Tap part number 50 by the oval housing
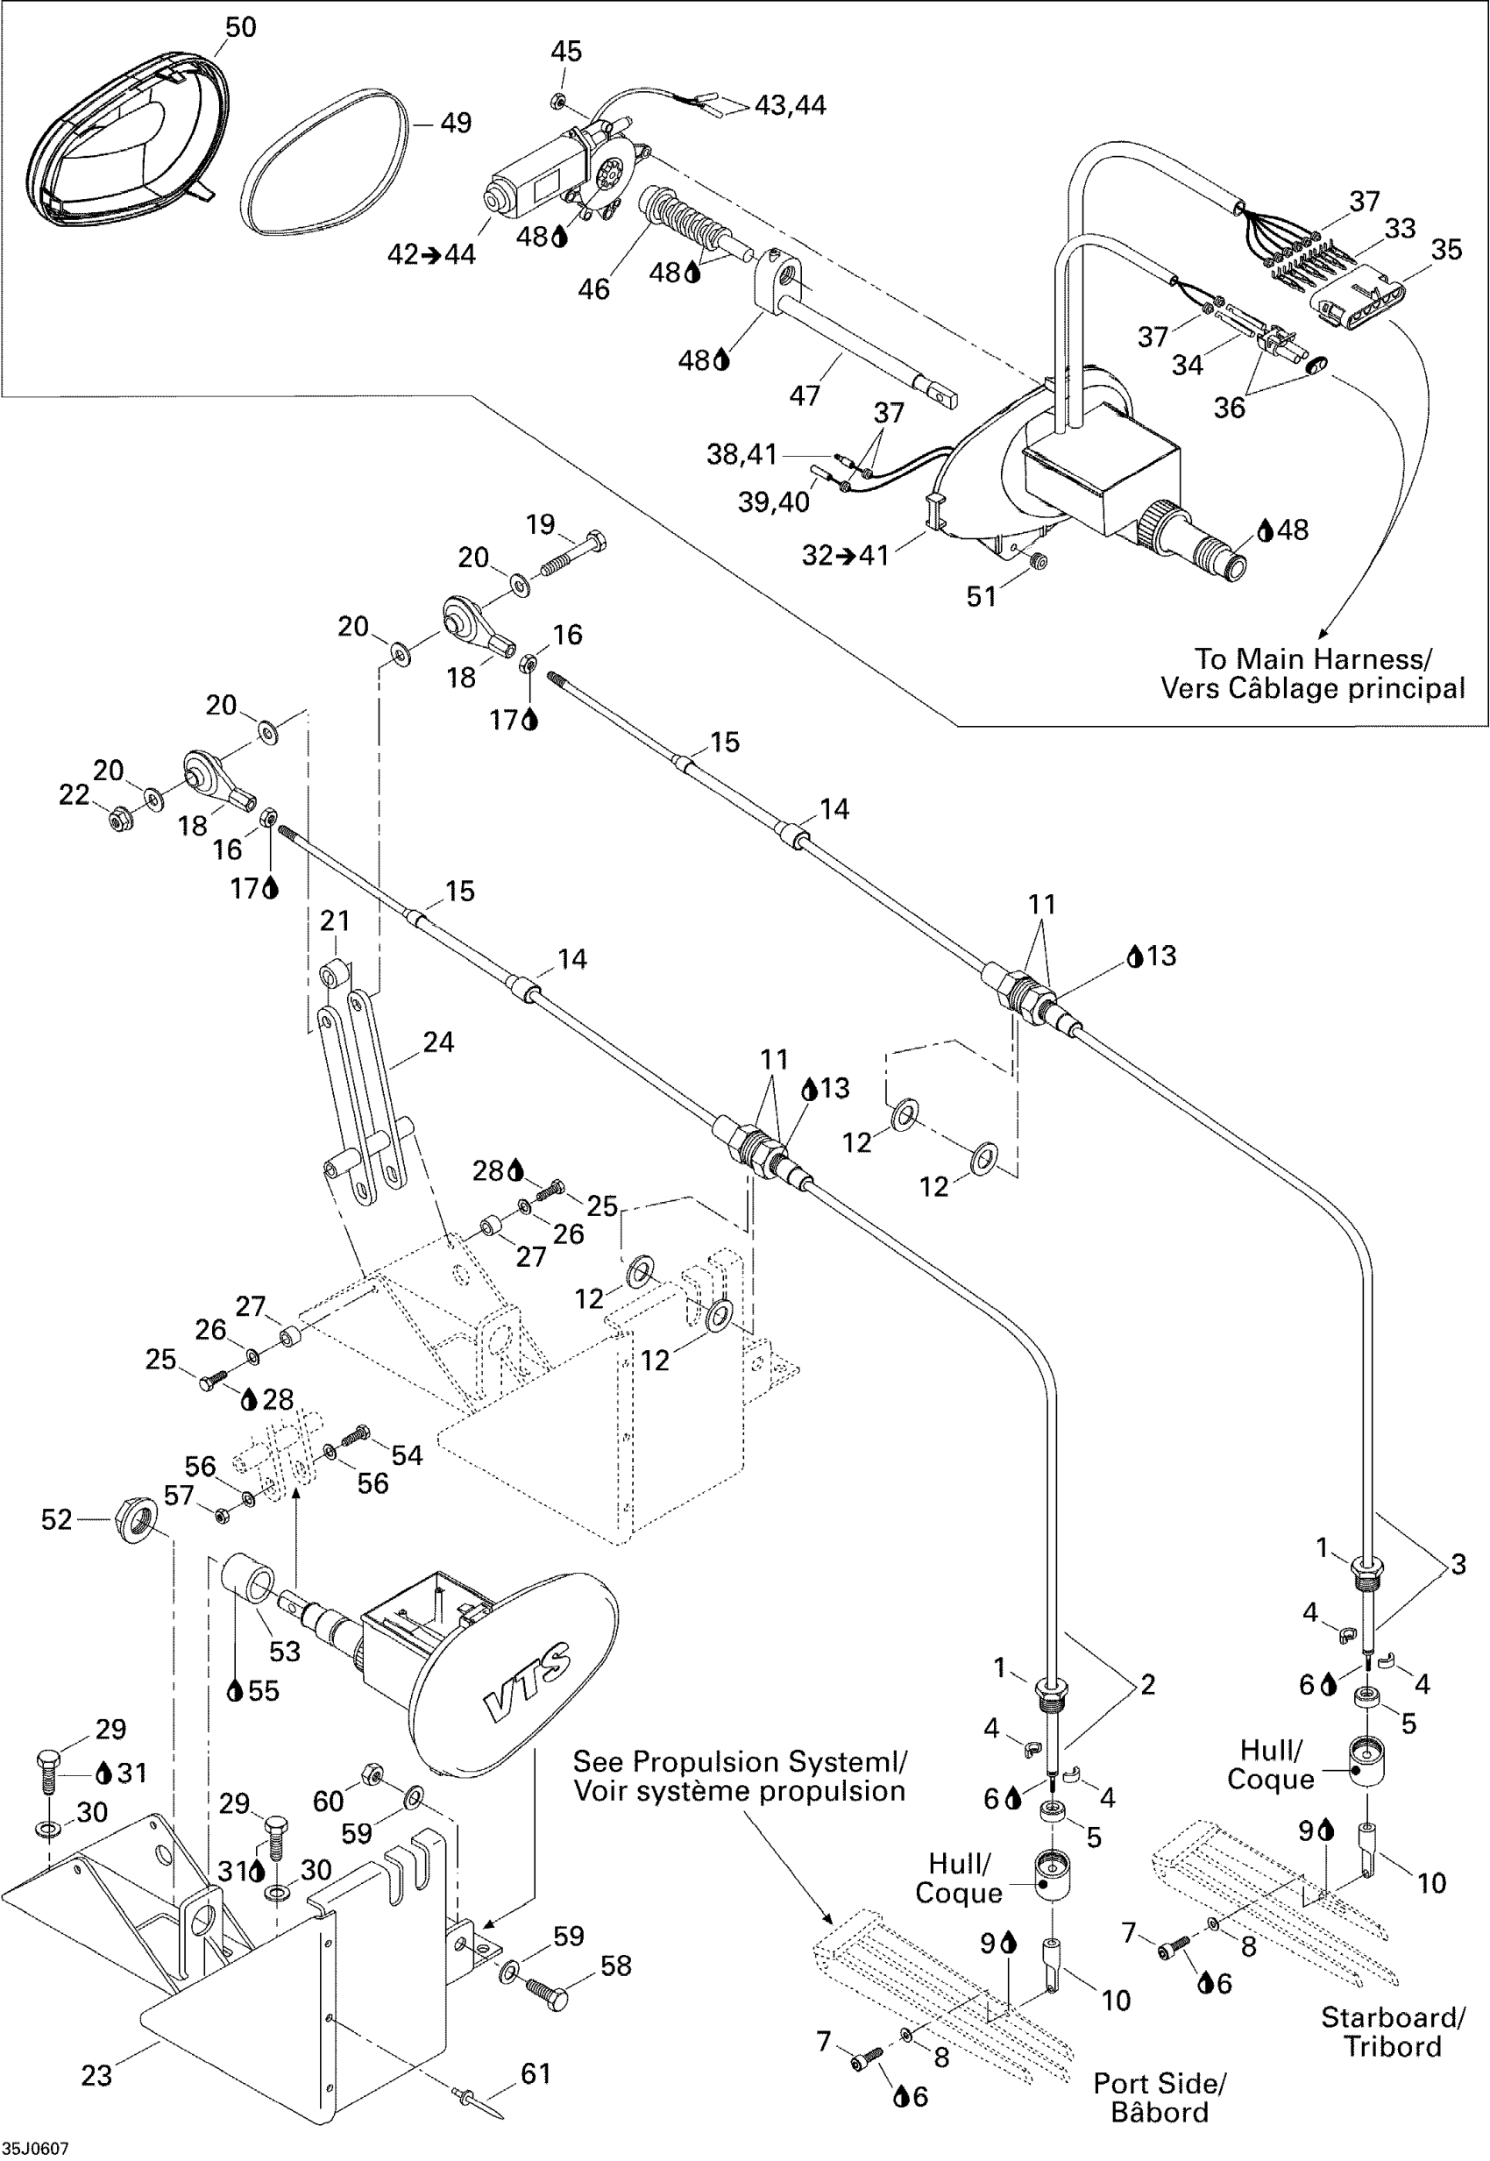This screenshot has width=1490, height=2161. [x=240, y=27]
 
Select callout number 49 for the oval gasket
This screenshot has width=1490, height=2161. [x=456, y=123]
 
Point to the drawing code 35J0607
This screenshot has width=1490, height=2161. [x=35, y=2148]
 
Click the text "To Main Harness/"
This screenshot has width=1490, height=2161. [x=1313, y=659]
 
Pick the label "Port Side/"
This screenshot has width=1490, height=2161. [x=1159, y=2084]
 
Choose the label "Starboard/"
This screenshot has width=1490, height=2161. [x=1392, y=2017]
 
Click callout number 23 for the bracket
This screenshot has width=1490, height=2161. [x=96, y=2075]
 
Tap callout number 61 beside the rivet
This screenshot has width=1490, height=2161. [x=536, y=2073]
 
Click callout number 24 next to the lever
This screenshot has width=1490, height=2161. [x=438, y=1041]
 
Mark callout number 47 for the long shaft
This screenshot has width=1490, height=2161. [x=804, y=395]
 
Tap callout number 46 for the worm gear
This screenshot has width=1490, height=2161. [x=593, y=288]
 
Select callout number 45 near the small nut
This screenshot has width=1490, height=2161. [x=565, y=52]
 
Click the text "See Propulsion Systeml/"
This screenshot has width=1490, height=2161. [x=739, y=1761]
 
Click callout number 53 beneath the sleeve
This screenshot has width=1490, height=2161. [x=285, y=1651]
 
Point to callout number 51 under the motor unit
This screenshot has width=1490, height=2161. [x=981, y=596]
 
